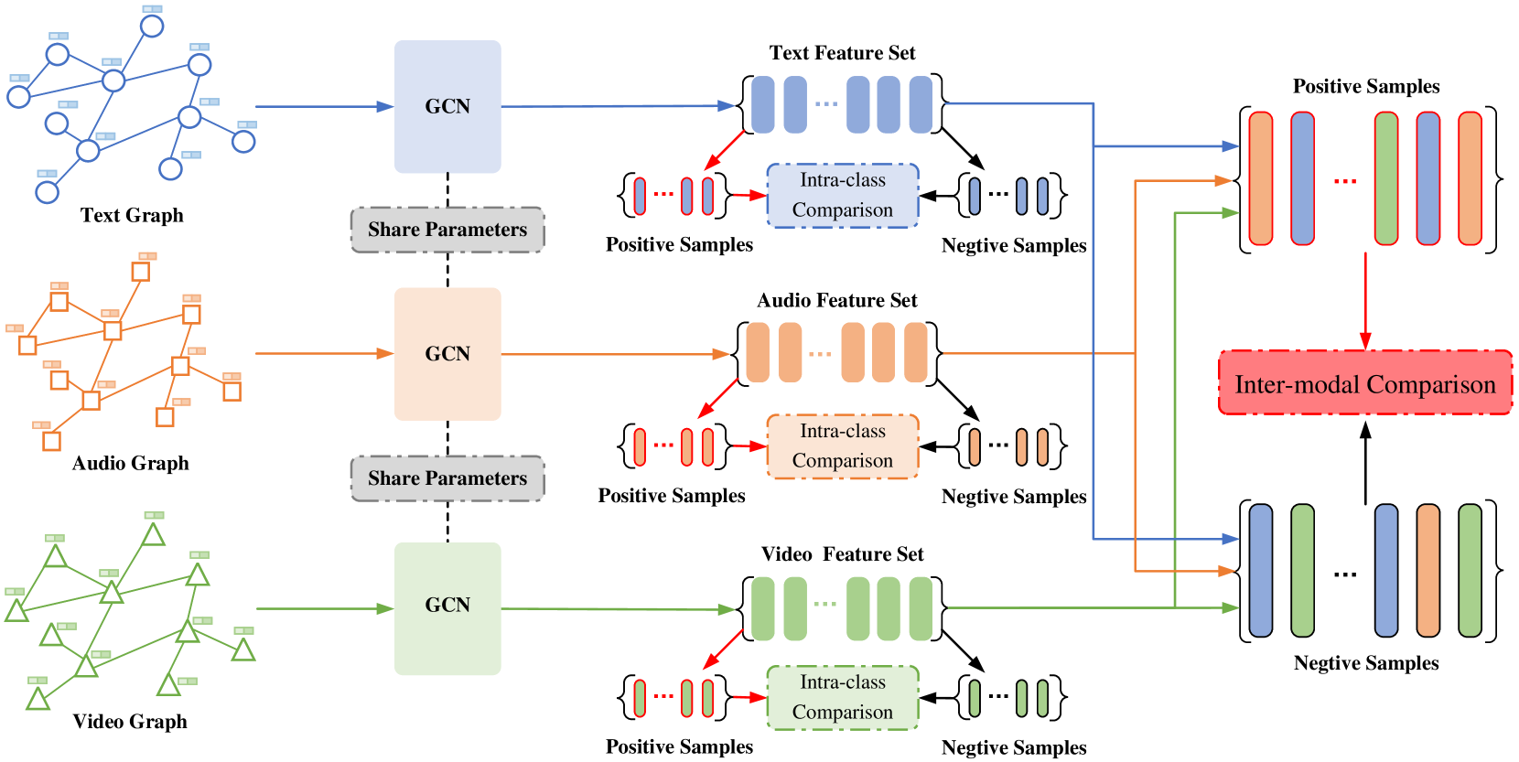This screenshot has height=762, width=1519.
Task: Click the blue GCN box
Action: (x=447, y=106)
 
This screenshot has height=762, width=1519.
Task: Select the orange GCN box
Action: (x=447, y=353)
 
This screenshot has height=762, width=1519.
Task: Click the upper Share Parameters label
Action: (x=447, y=230)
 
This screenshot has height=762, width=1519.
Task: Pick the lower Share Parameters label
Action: (x=447, y=478)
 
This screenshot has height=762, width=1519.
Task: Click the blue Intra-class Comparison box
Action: (x=842, y=195)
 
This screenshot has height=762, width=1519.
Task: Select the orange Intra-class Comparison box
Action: (x=842, y=445)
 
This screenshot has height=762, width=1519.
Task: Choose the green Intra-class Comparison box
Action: (x=842, y=697)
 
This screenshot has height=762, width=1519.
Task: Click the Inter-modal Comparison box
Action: (x=1364, y=383)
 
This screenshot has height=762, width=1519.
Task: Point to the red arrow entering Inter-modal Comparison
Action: (x=1365, y=302)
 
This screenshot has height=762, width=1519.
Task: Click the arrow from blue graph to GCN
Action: (x=320, y=107)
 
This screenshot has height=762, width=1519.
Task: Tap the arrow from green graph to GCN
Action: (x=320, y=608)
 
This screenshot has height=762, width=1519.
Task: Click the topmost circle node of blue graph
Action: (x=152, y=26)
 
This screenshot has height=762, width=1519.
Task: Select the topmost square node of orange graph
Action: (x=140, y=272)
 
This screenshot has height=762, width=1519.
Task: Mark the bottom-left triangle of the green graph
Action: (x=38, y=700)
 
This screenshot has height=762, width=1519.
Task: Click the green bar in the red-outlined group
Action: (x=1386, y=178)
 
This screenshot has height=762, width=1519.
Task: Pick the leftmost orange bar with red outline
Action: (x=1261, y=178)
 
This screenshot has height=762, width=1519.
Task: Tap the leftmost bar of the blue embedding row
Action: (x=762, y=104)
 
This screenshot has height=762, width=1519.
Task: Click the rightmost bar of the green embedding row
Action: (x=921, y=608)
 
